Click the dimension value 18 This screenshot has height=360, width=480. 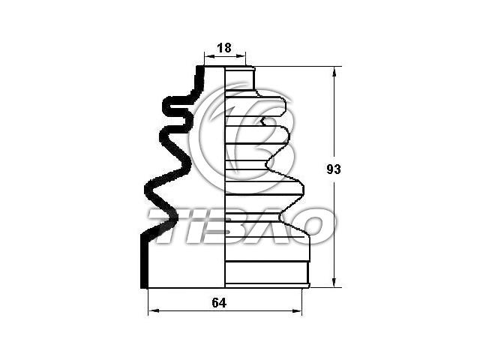[x=224, y=48]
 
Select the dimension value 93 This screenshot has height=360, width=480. [x=333, y=169]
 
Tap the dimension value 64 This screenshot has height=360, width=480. [x=219, y=303]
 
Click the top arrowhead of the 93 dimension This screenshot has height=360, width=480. [x=334, y=72]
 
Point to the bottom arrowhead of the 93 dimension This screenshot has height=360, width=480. [x=334, y=282]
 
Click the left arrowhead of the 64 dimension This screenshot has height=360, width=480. [x=154, y=311]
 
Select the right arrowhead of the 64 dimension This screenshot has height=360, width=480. [x=296, y=311]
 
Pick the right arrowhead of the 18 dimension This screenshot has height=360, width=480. [x=241, y=56]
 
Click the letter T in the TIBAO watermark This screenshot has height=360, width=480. [x=166, y=226]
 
